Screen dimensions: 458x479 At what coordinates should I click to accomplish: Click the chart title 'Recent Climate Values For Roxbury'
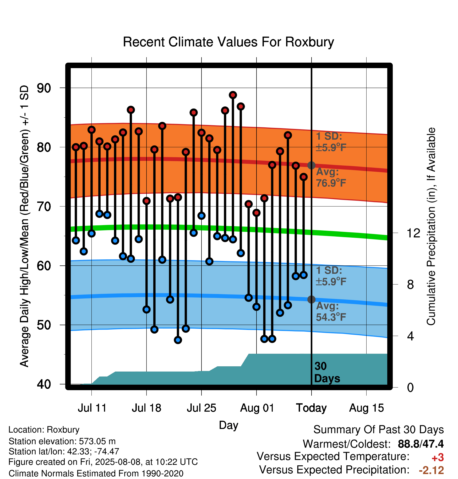point(228,42)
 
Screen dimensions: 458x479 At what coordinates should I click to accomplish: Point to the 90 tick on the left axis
point(44,88)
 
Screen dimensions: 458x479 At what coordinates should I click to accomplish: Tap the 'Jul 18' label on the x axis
point(146,408)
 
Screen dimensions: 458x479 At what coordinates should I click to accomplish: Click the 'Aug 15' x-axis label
point(367,408)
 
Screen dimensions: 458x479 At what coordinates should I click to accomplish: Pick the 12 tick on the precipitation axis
point(413,233)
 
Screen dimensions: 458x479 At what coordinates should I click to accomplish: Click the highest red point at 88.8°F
point(233,95)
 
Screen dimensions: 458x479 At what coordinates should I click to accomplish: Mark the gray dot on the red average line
point(311,165)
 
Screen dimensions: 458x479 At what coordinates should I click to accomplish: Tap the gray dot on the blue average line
point(311,300)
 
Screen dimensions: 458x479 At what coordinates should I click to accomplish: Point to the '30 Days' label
point(327,372)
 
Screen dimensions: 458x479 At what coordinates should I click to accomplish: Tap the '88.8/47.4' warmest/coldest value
point(421,444)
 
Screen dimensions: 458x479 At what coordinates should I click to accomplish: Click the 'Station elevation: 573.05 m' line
point(62,441)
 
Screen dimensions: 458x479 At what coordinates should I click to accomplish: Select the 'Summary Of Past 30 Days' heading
point(379,430)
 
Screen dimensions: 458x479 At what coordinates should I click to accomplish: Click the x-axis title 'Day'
point(228,425)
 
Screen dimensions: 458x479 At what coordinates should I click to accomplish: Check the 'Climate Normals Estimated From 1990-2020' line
point(96,473)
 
